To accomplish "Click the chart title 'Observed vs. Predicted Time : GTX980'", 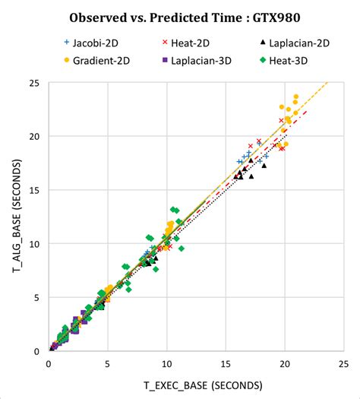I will (x=179, y=17).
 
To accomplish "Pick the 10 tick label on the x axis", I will (x=166, y=364).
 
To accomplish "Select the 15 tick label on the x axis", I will (x=225, y=364).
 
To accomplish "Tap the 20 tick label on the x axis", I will (x=283, y=364).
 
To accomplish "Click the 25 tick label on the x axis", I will (x=343, y=364).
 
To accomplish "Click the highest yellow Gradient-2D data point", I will (x=296, y=97).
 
